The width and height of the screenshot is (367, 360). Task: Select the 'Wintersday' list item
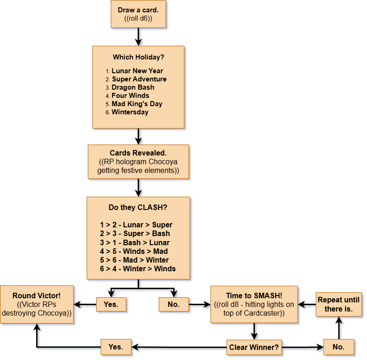[x=130, y=112]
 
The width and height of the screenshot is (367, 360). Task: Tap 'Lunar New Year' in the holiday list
[x=137, y=71]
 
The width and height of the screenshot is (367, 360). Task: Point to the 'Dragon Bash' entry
[x=133, y=87]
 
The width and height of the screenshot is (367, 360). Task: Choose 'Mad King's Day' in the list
[x=137, y=104]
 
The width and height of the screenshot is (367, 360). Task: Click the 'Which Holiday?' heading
[x=138, y=57]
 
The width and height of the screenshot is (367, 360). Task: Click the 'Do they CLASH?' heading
[x=138, y=207]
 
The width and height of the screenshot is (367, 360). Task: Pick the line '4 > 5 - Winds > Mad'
[x=134, y=251]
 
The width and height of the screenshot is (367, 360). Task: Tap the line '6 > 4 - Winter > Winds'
[x=138, y=269]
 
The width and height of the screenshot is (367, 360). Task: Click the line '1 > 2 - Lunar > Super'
[x=136, y=225]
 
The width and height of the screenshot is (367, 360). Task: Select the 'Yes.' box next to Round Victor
[x=111, y=304]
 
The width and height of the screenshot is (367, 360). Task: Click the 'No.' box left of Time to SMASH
[x=173, y=304]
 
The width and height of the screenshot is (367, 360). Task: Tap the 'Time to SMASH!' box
[x=254, y=305]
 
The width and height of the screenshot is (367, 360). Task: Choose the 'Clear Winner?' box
[x=254, y=347]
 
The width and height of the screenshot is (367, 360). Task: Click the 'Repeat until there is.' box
[x=339, y=305]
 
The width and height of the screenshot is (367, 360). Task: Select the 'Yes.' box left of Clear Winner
[x=116, y=347]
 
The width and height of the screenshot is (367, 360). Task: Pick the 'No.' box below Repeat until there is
[x=339, y=347]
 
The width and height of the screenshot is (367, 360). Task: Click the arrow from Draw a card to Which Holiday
[x=139, y=37]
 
